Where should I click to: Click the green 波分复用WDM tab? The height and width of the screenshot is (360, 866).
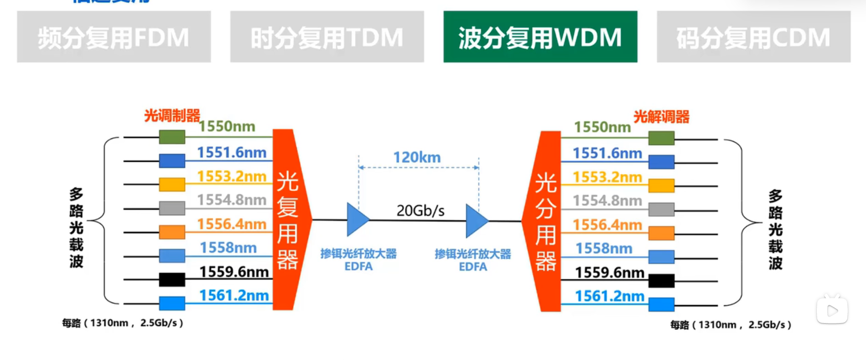pos(540,37)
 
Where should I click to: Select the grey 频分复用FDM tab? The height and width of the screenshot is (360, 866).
pos(114,37)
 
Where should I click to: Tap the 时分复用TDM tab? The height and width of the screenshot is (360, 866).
pos(327,37)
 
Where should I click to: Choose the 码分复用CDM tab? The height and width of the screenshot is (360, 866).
pos(753,37)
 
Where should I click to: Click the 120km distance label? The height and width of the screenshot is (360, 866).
pos(417,157)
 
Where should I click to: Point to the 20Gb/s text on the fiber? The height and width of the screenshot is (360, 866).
pos(420,211)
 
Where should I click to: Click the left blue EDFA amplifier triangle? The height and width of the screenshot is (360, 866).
pos(357,220)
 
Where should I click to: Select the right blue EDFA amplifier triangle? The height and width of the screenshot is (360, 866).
pos(476,221)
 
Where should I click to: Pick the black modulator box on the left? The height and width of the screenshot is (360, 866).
pos(172,279)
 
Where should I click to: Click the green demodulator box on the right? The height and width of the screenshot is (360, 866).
pos(661,138)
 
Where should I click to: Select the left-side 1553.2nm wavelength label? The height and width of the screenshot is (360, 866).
pos(232,176)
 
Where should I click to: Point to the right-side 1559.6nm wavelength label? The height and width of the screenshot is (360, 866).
pos(609,272)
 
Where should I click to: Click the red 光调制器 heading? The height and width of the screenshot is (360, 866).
pos(172,115)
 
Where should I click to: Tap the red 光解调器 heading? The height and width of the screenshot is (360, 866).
pos(661,117)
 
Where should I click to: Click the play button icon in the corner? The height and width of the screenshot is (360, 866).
pos(832,311)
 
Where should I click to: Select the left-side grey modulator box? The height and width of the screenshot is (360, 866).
pos(172,208)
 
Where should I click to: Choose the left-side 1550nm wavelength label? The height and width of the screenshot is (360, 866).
pos(227,126)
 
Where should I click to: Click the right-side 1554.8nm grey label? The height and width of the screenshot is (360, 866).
pos(607,201)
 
